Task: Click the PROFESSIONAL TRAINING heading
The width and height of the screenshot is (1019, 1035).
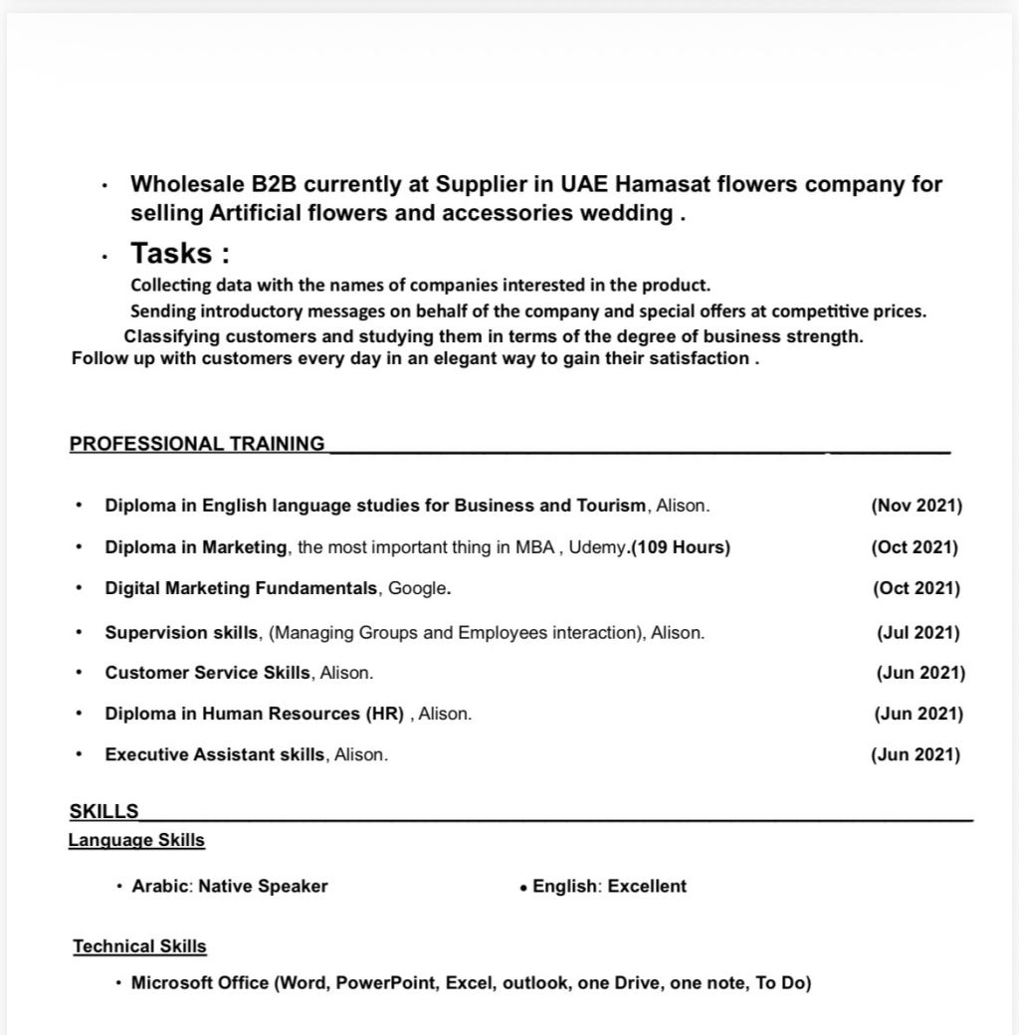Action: coord(197,444)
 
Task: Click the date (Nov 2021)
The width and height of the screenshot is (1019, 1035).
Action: coord(916,506)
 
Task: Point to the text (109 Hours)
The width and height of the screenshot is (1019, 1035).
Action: coord(681,547)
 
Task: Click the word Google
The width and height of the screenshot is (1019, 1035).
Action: coord(417,588)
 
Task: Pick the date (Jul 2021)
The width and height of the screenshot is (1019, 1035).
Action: coord(917,633)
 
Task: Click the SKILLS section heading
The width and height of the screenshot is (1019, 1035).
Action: coord(104,811)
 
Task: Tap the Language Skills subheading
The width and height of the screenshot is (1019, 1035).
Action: coord(136,840)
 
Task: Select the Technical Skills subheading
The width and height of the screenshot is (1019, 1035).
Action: coord(139,946)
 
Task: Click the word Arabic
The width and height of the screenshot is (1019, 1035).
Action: coord(160,886)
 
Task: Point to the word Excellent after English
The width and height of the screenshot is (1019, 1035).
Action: coord(647,886)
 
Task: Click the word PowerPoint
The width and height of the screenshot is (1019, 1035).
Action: coord(386,983)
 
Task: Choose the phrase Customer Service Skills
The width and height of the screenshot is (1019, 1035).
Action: coord(207,673)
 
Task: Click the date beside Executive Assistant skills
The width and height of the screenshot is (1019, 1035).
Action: coord(916,754)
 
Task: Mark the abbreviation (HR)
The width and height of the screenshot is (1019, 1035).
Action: coord(384,714)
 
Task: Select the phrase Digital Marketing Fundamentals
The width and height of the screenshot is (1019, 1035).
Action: coord(241,588)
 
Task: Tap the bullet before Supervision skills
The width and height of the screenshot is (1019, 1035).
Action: coord(79,633)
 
